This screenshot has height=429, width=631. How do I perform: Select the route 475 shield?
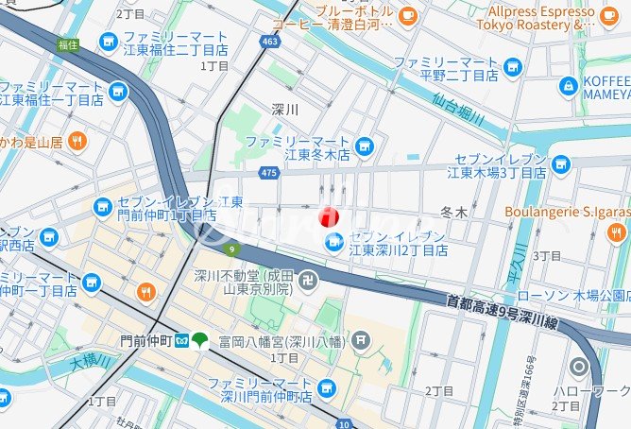[x=268, y=172]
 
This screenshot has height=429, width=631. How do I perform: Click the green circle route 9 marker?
[x=232, y=249]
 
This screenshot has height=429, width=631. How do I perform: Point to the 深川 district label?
[x=284, y=110]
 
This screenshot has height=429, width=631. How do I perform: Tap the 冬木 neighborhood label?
[x=454, y=214]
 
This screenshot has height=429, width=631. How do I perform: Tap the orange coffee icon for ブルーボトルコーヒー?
[x=408, y=15]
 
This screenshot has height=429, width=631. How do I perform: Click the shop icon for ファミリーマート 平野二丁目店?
[x=513, y=66]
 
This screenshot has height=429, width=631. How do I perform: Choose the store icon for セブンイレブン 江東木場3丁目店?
[x=561, y=166]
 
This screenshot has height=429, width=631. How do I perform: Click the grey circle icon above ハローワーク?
[x=579, y=367]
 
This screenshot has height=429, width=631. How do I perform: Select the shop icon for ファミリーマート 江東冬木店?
[x=364, y=146]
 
